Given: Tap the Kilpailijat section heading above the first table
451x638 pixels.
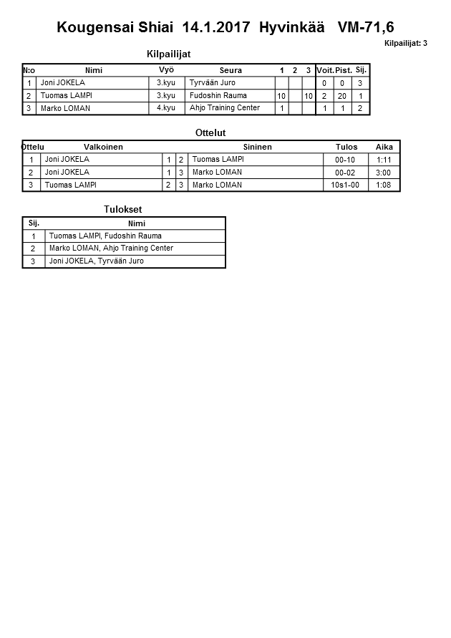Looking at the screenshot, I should coord(168,54).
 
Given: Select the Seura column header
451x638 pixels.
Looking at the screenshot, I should coord(231,70).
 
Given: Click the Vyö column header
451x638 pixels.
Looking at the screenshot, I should coord(166,70).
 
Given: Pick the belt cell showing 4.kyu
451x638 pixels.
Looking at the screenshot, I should coord(165,108).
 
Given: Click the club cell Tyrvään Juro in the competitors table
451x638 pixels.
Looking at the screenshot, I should coord(212,83).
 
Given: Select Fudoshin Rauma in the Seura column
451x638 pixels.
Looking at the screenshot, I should coord(218,95).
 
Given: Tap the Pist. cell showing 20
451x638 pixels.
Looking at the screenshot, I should coord(342,96).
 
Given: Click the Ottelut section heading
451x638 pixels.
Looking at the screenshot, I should coord(210,133).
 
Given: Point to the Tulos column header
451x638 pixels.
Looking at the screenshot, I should coord(346,147).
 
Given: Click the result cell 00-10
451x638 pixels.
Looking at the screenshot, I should coord(345,160).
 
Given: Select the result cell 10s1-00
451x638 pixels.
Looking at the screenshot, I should coord(345,185).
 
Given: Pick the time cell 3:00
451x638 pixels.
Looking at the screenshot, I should coord(383,173).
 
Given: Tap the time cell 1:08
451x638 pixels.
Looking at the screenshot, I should coord(383,185).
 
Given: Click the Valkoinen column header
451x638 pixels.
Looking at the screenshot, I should coord(103,147).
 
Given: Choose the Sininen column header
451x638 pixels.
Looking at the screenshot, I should coord(257,147).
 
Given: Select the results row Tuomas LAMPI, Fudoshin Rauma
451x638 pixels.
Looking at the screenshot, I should coord(105,236).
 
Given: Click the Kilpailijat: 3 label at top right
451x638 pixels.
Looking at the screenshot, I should coord(405,43).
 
